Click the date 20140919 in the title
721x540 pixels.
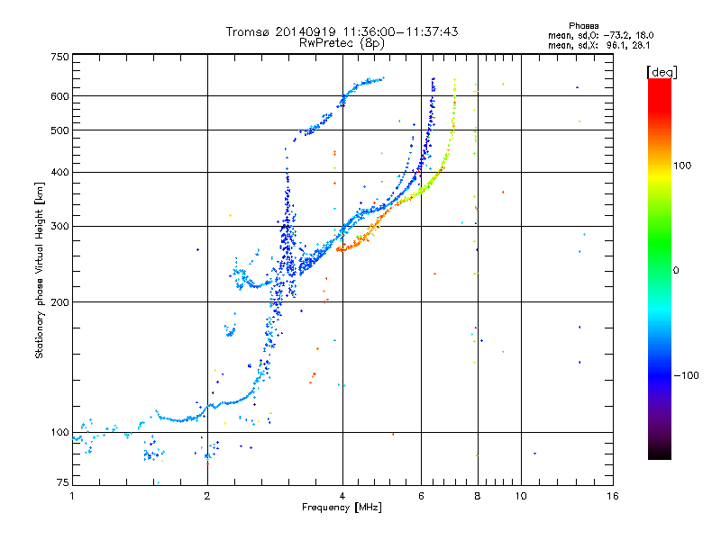[306, 31]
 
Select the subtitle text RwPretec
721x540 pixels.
[326, 43]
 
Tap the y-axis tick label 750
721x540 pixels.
[59, 57]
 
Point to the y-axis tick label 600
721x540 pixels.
[59, 96]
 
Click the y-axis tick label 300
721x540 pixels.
[59, 227]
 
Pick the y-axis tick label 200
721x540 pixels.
[59, 302]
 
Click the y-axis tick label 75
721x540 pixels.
[63, 482]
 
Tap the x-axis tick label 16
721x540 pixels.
[613, 496]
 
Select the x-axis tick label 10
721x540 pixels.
[521, 496]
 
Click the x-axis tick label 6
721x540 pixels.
[421, 496]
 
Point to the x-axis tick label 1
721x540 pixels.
[72, 496]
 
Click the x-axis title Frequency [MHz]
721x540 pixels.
[342, 508]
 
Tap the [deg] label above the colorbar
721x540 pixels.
[662, 72]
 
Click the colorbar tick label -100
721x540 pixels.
[687, 375]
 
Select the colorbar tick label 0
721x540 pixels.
[676, 271]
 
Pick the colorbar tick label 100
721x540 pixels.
[682, 166]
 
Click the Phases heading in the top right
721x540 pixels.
[583, 26]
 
